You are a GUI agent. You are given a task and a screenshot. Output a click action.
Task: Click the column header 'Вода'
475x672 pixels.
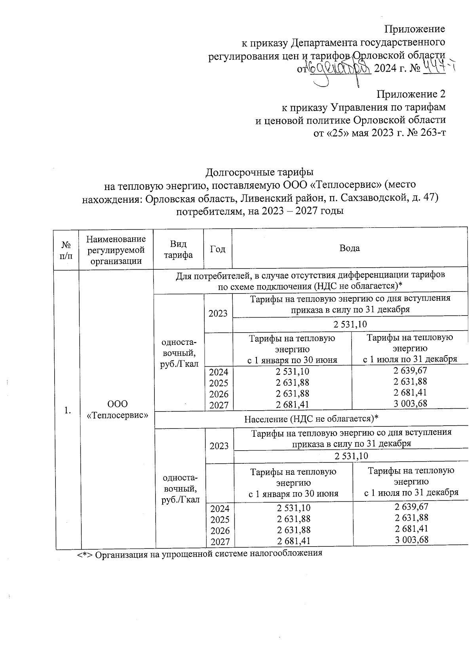[350, 249]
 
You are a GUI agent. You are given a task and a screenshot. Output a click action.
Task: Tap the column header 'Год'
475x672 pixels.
[217, 249]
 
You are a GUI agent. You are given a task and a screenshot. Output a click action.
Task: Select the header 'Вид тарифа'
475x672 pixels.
[178, 249]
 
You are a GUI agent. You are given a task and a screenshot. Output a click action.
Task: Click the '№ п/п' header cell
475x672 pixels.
[66, 249]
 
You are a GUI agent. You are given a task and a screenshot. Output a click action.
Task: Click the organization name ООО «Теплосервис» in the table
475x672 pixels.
[118, 409]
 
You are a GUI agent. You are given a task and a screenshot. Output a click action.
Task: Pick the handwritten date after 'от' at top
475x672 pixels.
[339, 69]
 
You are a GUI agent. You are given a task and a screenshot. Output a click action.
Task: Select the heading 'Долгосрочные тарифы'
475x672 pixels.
[259, 172]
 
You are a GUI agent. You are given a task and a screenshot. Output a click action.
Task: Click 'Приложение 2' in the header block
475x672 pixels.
[411, 94]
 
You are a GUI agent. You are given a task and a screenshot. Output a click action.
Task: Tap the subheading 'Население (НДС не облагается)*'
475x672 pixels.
[312, 419]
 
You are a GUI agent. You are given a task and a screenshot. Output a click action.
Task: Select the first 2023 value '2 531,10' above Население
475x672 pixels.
[350, 325]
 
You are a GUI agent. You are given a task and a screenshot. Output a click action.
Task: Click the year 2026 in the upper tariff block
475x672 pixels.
[218, 394]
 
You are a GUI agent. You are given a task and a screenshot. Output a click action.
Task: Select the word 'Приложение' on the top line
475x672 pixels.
[415, 29]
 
